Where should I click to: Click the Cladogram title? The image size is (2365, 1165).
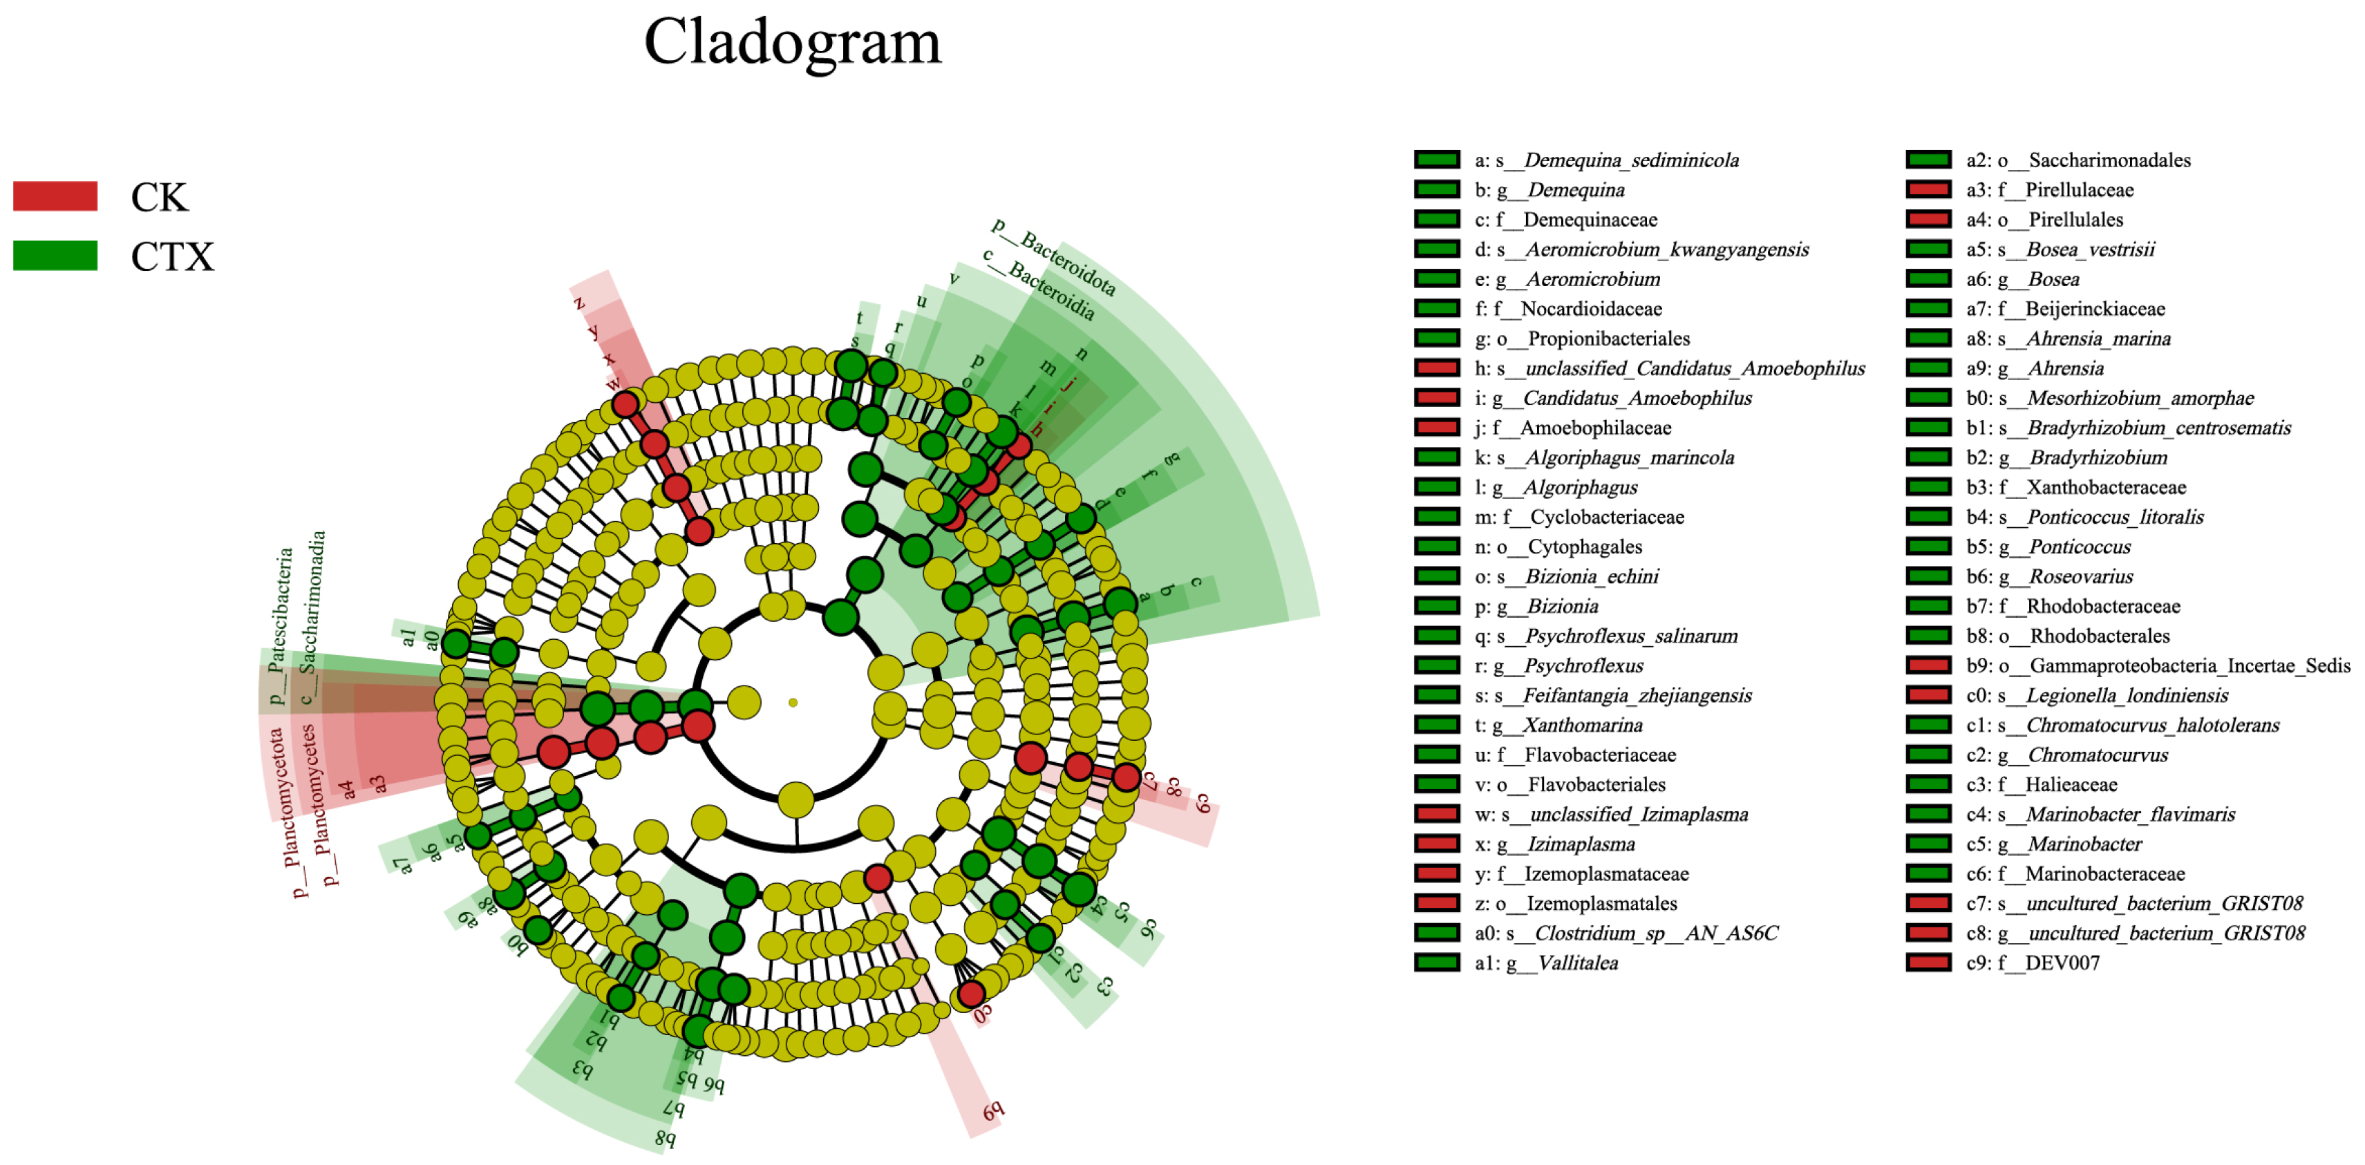point(792,42)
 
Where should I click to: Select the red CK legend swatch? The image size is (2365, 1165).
point(55,196)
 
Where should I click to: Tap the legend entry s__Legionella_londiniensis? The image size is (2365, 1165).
point(2097,696)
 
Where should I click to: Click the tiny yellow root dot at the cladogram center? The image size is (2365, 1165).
point(792,702)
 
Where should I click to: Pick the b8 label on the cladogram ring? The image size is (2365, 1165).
point(666,1138)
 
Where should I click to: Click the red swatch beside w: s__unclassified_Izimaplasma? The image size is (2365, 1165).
point(1437,814)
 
